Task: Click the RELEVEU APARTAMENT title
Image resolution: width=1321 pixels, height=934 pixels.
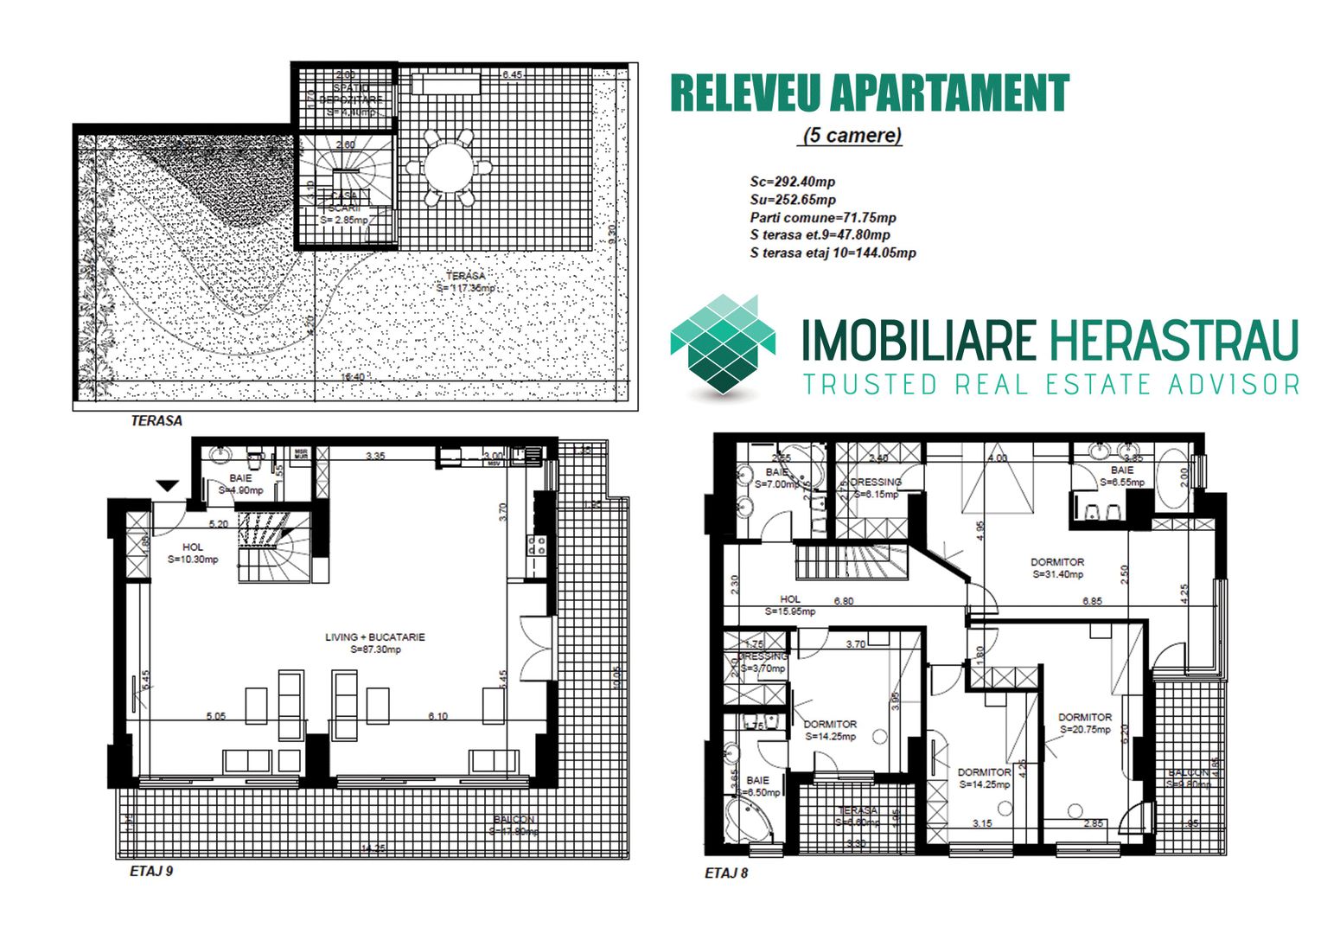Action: coord(869,93)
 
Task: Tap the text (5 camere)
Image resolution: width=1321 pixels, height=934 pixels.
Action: coord(852,136)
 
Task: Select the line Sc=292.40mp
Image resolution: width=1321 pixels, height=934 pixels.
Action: coord(792,182)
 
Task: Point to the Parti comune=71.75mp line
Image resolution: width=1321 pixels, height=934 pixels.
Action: coord(822,218)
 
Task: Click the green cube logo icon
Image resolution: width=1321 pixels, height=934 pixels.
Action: coord(724,346)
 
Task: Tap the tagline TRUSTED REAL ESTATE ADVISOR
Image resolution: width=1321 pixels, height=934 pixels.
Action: coord(1050,384)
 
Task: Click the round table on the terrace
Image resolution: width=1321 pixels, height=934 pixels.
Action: coord(449,168)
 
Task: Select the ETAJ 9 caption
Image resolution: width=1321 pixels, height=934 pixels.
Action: coord(151,871)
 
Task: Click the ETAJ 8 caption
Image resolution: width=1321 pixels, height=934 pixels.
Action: coord(726,873)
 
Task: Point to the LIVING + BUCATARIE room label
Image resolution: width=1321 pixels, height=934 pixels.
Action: coord(375,643)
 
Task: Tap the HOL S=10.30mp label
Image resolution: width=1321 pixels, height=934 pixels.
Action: coord(193,553)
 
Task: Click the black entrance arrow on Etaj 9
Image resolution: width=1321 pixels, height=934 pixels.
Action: coord(168,487)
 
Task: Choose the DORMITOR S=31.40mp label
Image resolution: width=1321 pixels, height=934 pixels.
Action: coord(1056,567)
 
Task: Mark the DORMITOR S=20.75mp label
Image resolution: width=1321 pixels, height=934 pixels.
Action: coord(1085,723)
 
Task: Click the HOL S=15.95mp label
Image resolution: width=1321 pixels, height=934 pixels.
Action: coord(790,605)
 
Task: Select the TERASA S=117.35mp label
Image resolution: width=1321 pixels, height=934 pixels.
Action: coord(466,282)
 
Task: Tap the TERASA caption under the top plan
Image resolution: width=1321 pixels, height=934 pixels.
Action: coord(156,421)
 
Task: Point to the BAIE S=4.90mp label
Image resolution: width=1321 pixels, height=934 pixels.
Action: coord(240,484)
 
